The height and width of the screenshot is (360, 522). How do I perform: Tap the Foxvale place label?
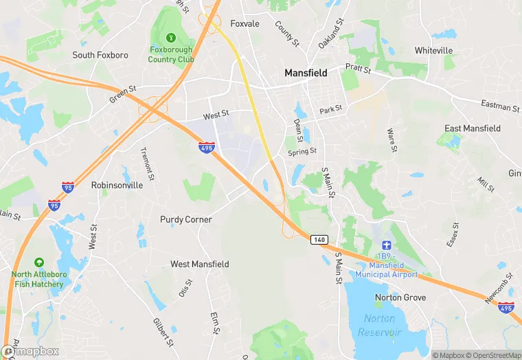tap(245, 23)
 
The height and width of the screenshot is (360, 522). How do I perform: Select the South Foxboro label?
tap(100, 55)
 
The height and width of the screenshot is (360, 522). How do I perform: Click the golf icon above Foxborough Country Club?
tap(171, 36)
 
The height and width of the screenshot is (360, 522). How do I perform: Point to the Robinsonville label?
tap(117, 185)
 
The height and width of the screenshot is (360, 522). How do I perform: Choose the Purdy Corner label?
tap(185, 219)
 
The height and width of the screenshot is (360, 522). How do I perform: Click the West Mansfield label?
tap(200, 264)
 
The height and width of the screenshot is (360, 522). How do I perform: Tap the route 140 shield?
tap(318, 239)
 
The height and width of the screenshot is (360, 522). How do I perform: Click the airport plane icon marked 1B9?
tap(386, 245)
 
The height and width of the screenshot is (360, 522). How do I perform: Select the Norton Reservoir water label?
tap(378, 325)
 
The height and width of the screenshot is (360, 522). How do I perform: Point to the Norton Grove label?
tap(400, 297)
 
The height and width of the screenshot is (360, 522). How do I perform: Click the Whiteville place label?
tap(433, 50)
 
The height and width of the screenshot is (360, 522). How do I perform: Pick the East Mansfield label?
tap(473, 128)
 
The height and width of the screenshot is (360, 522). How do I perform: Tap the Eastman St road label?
tap(500, 106)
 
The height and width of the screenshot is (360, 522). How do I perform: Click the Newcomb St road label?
tap(499, 291)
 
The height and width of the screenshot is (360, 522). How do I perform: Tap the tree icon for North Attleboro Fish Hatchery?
tap(39, 262)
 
